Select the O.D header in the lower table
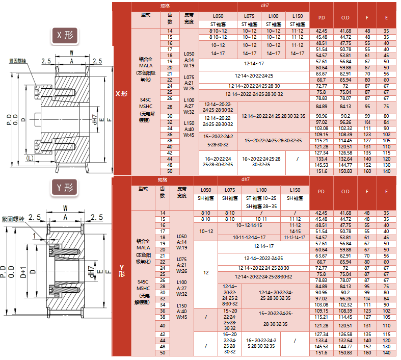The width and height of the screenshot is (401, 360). click(345, 192)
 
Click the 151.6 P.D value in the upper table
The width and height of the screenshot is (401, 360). click(322, 171)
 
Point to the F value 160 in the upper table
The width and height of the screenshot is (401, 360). click(367, 171)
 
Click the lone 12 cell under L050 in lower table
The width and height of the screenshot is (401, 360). click(206, 273)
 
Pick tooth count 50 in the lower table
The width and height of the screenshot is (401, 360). click(163, 352)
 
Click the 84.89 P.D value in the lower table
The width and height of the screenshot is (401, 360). click(322, 286)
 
